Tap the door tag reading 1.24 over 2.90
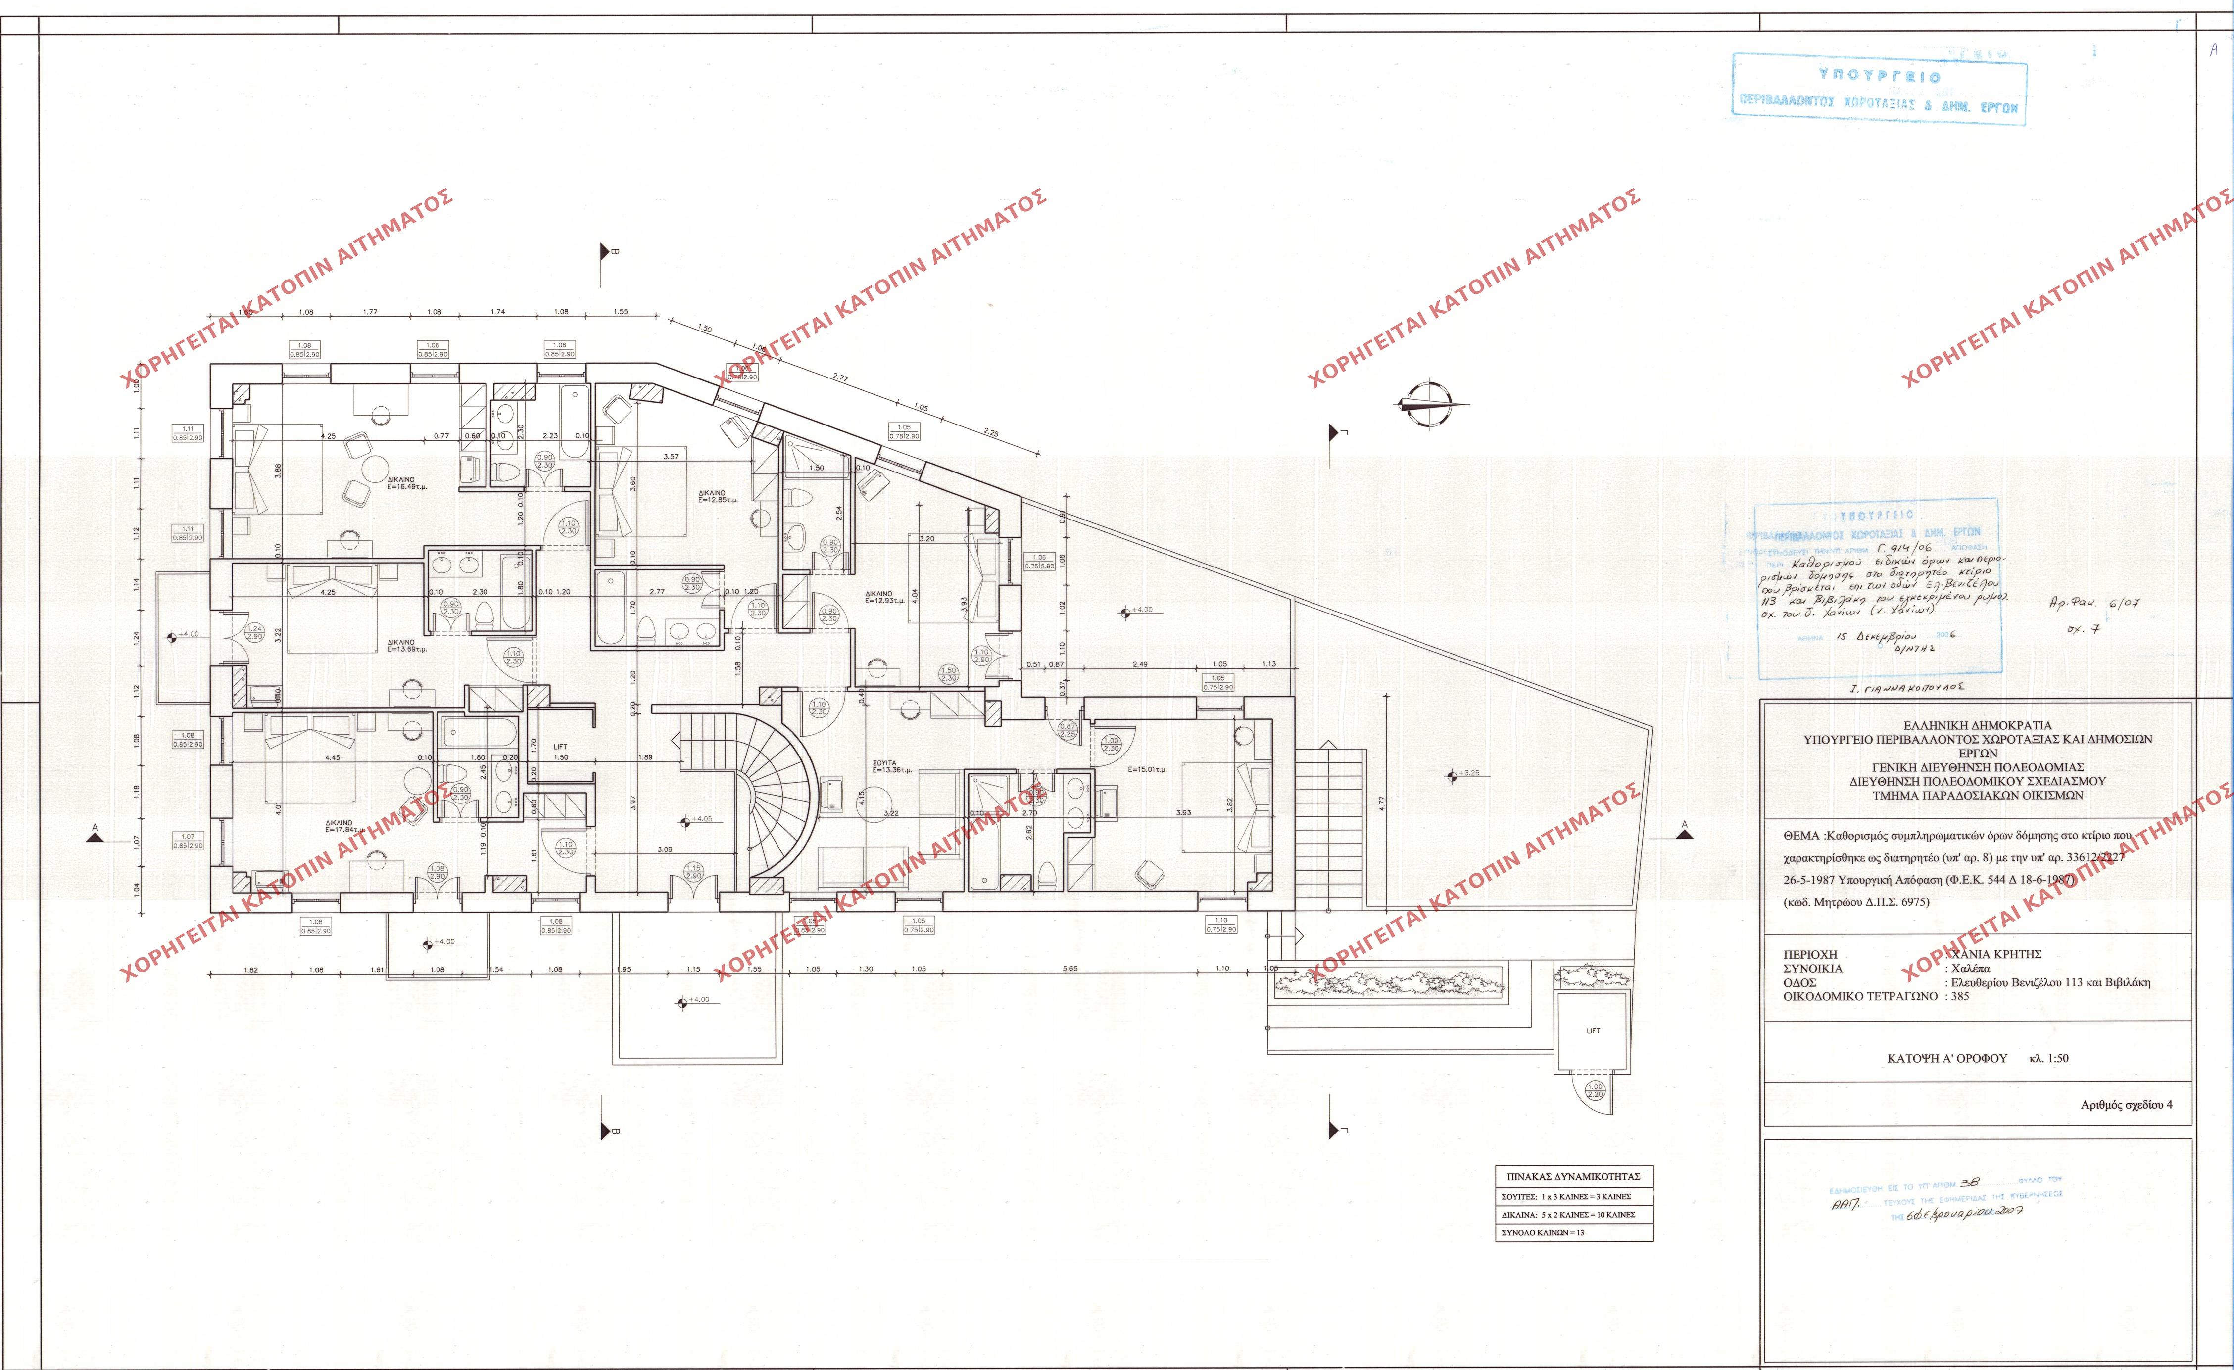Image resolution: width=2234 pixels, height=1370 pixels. (255, 632)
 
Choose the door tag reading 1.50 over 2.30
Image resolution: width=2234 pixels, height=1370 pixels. (948, 674)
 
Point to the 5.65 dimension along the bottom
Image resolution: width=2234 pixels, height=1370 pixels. (1070, 968)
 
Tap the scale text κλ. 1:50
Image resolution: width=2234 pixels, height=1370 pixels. (2049, 1058)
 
